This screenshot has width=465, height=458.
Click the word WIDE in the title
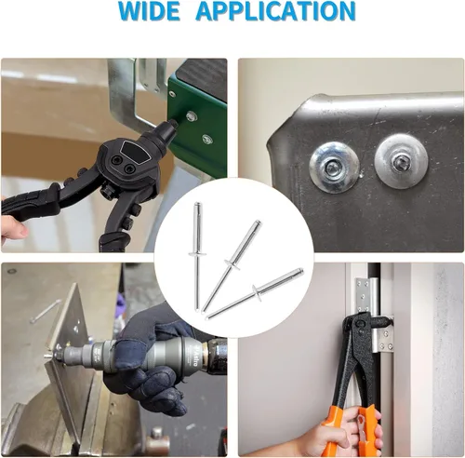(149, 10)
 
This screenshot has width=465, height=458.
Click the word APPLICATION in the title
(275, 10)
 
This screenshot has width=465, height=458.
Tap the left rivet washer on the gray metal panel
(335, 168)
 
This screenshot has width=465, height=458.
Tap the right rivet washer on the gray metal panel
(401, 161)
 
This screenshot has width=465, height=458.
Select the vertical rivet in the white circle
(197, 256)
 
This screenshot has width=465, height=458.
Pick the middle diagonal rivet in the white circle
(232, 266)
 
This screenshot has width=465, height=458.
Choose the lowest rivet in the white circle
(255, 293)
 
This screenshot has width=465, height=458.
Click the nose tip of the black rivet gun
(173, 125)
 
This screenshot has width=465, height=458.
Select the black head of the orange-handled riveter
(361, 329)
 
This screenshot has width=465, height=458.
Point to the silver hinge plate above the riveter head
(363, 295)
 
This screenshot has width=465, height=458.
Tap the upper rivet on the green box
(191, 116)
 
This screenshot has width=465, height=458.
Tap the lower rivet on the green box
(207, 139)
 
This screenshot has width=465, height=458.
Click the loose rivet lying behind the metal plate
(46, 311)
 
